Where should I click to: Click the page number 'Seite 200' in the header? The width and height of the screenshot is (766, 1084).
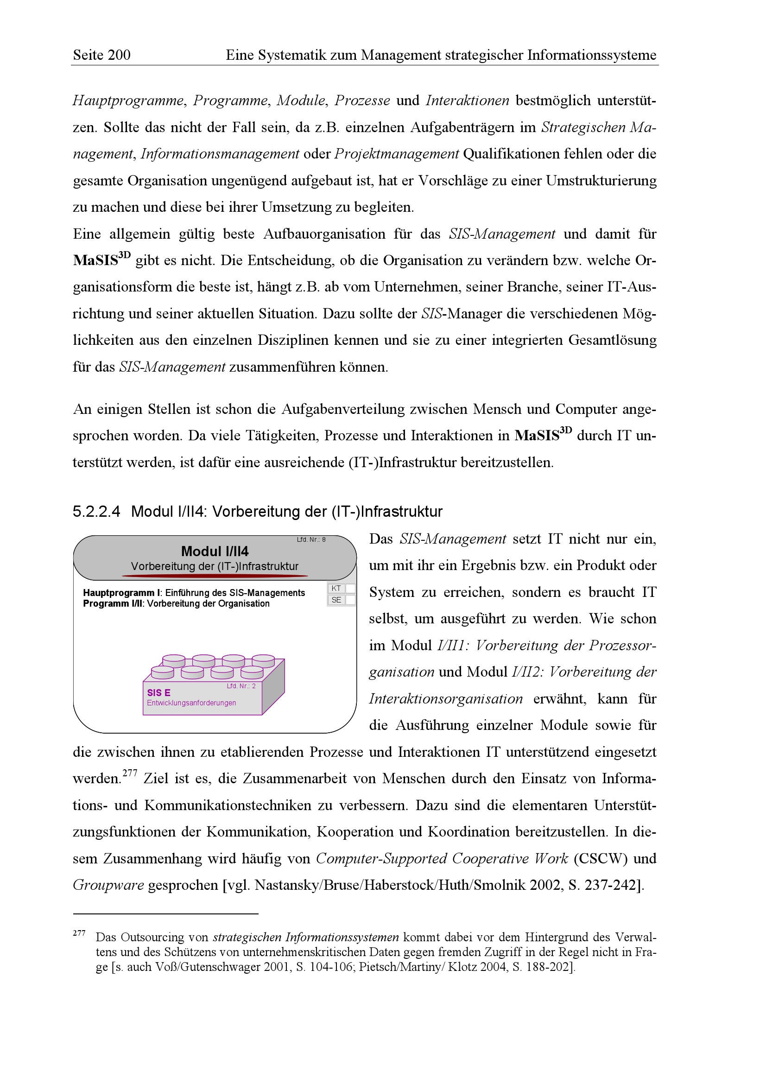pos(101,55)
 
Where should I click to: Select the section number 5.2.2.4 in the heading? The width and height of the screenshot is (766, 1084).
pos(96,511)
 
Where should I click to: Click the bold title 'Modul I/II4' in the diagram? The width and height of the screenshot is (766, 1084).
pos(215,551)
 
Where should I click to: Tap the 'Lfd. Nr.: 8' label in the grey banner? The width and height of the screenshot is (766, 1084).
pos(311,539)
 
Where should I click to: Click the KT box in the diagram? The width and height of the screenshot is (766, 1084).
pos(336,588)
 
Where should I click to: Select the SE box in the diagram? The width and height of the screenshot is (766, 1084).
pos(336,600)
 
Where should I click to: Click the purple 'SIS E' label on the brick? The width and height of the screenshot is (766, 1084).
pos(158,692)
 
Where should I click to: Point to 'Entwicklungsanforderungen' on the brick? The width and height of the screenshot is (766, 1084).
pos(191,703)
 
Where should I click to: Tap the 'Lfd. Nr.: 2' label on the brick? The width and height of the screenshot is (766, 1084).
pos(241,686)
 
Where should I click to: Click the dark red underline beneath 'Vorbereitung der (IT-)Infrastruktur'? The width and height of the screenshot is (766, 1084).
pos(215,576)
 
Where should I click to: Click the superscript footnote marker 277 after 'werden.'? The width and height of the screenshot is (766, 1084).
pos(129,773)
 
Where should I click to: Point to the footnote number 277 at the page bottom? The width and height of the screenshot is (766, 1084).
pos(79,933)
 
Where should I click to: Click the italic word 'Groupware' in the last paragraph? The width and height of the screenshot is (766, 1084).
pos(108,885)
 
